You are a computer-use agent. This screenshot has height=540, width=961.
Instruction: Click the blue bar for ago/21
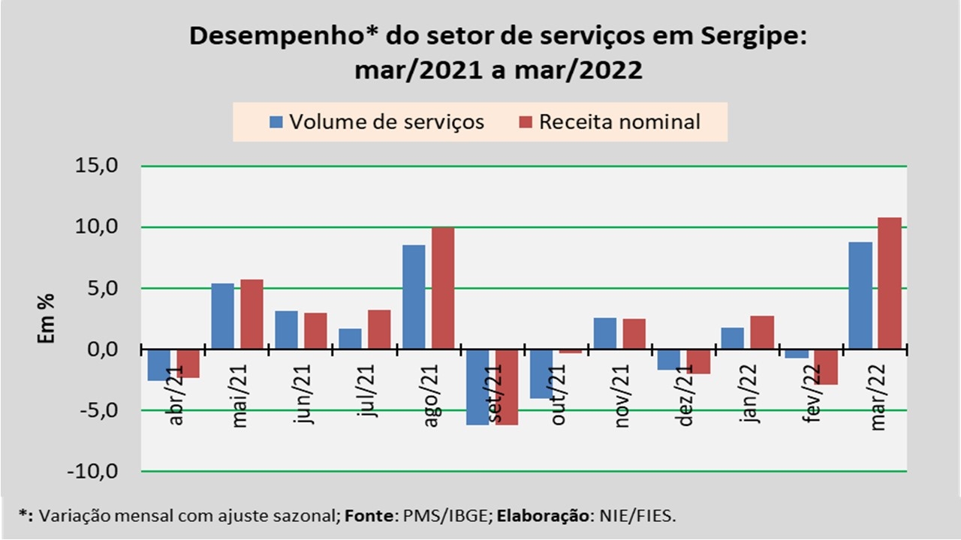click(414, 297)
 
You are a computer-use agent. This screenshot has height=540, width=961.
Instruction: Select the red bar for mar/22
click(890, 283)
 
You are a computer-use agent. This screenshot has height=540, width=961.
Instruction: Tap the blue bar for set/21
click(477, 387)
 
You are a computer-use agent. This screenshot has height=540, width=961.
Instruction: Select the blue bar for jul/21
click(350, 339)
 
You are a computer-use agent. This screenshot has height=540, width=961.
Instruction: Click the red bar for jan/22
click(762, 332)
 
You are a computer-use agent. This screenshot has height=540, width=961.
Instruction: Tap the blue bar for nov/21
click(605, 334)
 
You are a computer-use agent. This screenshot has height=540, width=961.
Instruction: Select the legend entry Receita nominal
click(610, 121)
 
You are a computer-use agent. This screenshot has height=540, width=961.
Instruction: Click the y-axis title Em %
click(47, 319)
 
